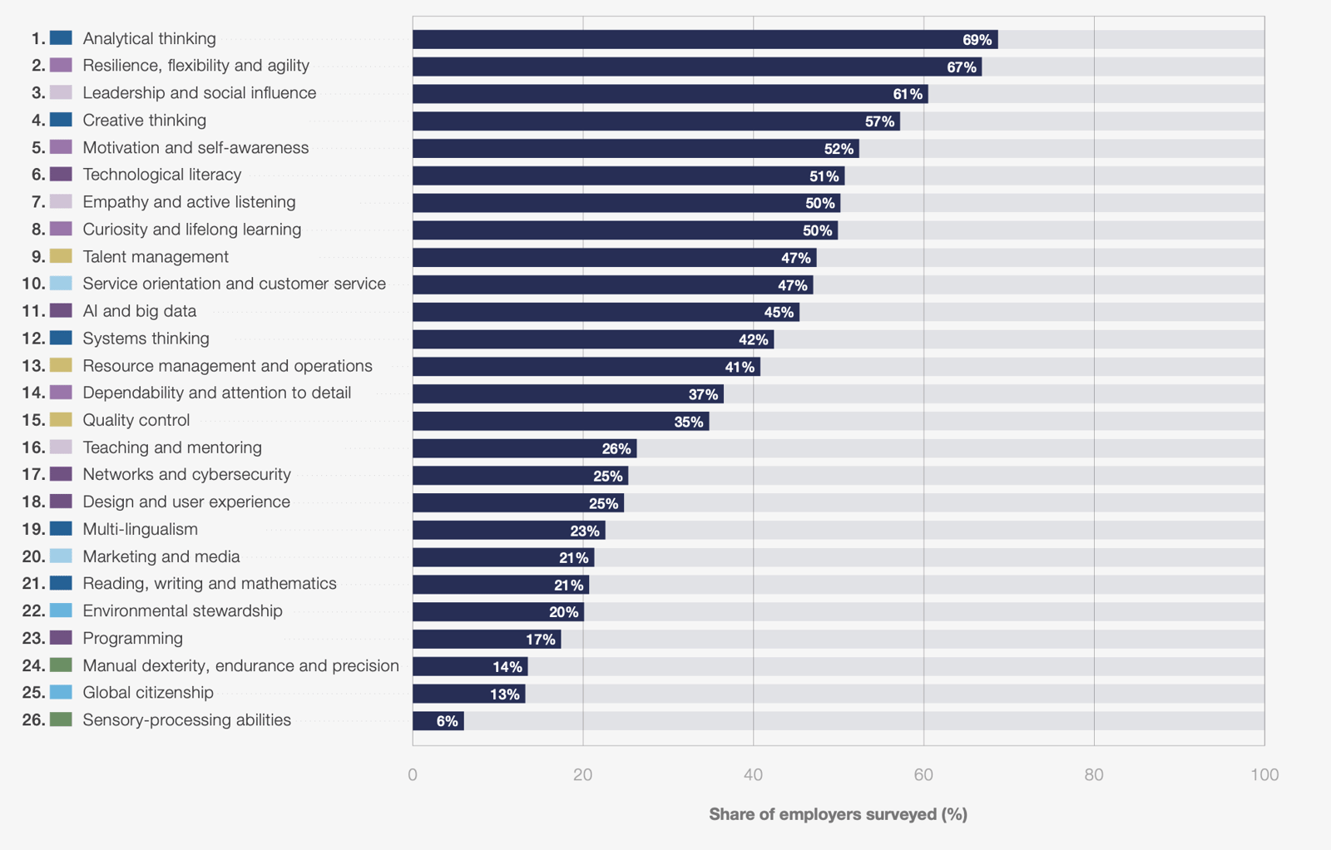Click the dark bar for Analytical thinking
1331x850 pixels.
[705, 40]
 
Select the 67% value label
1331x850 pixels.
[962, 67]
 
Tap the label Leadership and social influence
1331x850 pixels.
[199, 92]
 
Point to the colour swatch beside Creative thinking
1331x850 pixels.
[62, 120]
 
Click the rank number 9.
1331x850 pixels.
[38, 257]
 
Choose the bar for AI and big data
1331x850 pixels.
[606, 312]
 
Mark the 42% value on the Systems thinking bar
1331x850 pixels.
[754, 340]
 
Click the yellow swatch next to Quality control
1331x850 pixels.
[62, 419]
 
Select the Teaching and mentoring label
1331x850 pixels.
[172, 447]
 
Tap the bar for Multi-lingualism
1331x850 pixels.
[509, 531]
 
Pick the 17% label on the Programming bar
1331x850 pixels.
[541, 640]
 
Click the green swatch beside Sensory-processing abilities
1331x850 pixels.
[62, 719]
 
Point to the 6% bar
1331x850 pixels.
[438, 721]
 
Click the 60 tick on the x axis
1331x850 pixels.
[923, 775]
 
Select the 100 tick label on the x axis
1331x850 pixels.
[1264, 775]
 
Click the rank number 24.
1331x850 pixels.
[34, 665]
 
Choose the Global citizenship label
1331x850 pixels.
[148, 693]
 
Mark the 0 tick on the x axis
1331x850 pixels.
[413, 775]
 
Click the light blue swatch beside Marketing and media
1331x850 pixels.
[62, 556]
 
